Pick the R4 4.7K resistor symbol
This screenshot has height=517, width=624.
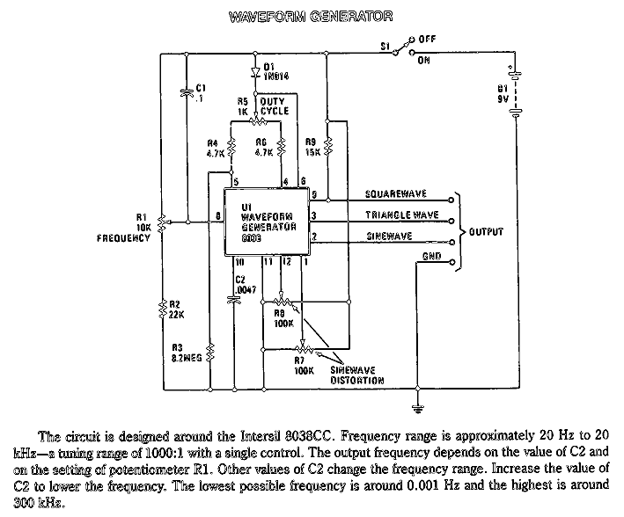(x=230, y=149)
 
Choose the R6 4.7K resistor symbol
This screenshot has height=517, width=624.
(x=279, y=149)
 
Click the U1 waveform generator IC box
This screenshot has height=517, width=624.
(x=268, y=221)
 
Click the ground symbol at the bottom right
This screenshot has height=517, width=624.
(x=417, y=406)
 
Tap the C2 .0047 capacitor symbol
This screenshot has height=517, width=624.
(x=233, y=298)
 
